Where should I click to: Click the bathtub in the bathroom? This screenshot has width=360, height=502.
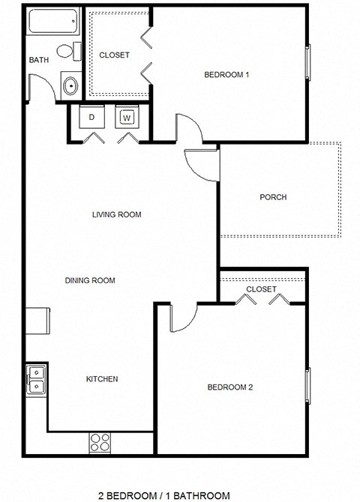point(54,22)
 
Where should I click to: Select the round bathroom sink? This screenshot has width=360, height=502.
point(70,85)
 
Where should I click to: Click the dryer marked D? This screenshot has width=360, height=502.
point(91,118)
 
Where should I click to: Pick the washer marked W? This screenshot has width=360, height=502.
point(127,118)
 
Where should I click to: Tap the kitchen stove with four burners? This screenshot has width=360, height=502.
point(100,441)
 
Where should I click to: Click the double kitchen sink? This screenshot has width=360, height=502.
point(36,379)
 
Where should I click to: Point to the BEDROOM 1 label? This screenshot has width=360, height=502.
point(226,74)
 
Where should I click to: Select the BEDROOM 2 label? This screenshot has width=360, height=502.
point(229,387)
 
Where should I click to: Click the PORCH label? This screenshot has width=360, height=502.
point(273,198)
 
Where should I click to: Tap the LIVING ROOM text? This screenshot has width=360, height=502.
point(116,215)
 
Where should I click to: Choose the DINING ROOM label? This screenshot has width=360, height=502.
point(89,281)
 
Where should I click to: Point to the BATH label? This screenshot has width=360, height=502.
point(38,60)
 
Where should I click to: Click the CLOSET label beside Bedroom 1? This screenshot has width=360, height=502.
point(114,55)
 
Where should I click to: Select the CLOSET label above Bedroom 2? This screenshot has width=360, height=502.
point(261,289)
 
